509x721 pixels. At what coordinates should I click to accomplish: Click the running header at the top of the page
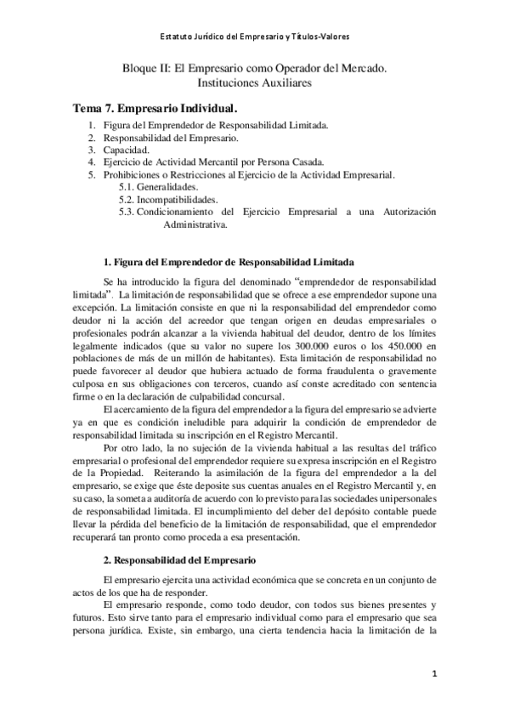[254, 37]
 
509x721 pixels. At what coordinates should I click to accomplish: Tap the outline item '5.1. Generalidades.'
[159, 186]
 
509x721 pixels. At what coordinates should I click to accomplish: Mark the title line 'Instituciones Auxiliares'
[254, 84]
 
